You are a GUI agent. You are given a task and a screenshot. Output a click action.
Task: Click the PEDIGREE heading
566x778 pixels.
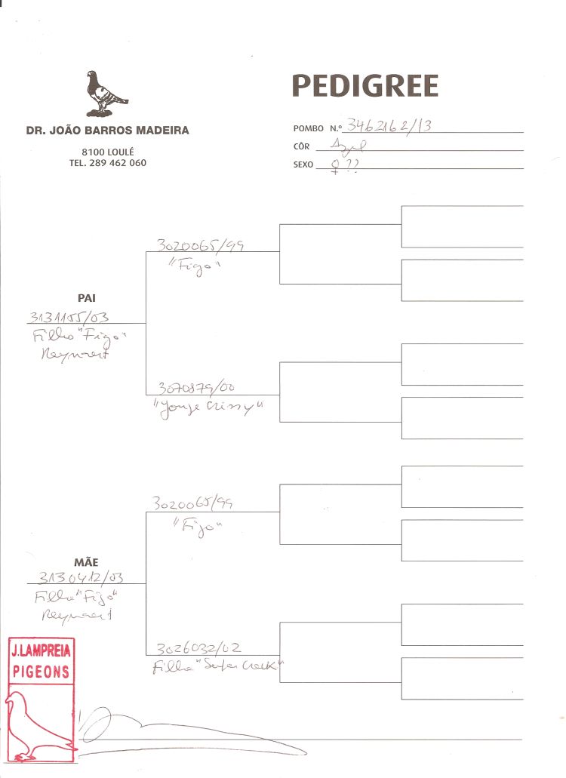pyautogui.click(x=365, y=87)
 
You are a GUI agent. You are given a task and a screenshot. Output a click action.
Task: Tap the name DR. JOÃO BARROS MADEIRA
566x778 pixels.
pyautogui.click(x=107, y=131)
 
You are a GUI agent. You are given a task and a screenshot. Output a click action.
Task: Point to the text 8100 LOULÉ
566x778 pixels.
pyautogui.click(x=107, y=152)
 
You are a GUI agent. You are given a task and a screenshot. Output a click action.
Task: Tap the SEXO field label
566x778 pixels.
pyautogui.click(x=303, y=165)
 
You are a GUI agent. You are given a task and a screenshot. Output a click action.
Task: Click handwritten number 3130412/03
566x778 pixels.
pyautogui.click(x=80, y=578)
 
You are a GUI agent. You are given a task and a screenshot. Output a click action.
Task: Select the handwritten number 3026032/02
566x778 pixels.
pyautogui.click(x=199, y=648)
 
